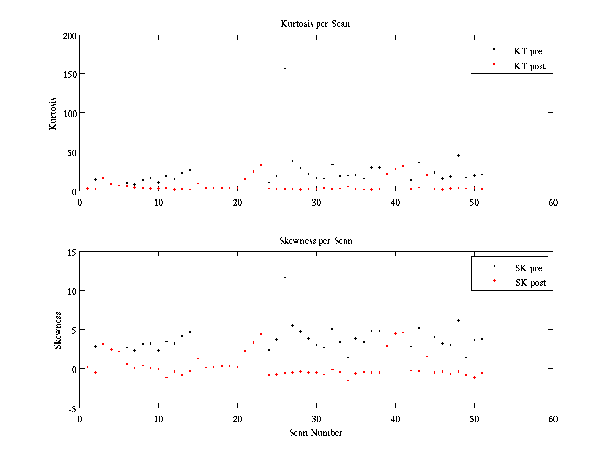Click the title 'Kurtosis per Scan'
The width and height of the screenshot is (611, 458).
(315, 24)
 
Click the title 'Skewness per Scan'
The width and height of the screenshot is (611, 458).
(315, 241)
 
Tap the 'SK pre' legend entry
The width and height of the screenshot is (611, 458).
(529, 268)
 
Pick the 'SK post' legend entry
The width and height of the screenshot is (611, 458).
(530, 283)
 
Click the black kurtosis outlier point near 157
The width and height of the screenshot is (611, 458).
(285, 68)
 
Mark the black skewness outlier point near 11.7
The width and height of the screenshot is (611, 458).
(285, 277)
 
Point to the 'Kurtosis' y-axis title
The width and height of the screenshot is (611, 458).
(53, 113)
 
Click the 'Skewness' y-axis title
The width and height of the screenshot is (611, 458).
(58, 330)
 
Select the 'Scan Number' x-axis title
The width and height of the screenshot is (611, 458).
(316, 433)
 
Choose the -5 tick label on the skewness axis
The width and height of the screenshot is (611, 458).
(72, 408)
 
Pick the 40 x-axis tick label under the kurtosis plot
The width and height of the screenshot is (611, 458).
(395, 202)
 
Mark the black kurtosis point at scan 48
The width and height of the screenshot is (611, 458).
(458, 155)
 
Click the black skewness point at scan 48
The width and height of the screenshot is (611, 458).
(458, 320)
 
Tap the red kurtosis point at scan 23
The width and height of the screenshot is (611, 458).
(261, 165)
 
